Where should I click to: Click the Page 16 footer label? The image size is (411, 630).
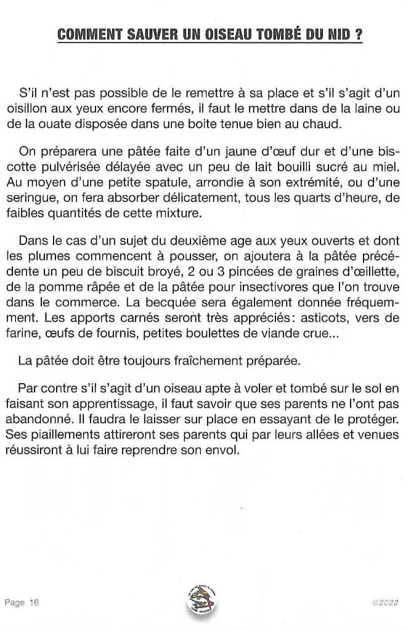[x=22, y=603]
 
